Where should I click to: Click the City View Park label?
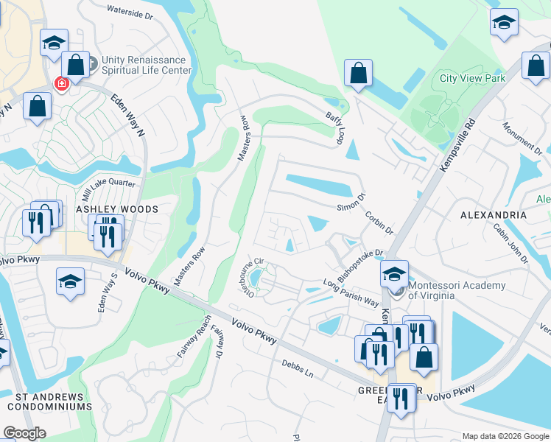coord(472,78)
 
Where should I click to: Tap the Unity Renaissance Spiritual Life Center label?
coord(139,66)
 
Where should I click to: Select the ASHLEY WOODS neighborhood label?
coord(117,210)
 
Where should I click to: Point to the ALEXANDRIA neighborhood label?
coord(493,215)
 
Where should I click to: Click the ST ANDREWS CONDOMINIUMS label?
coord(49,401)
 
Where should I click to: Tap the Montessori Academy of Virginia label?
coord(457,290)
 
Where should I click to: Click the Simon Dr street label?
coord(352,203)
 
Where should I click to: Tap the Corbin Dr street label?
coord(379,223)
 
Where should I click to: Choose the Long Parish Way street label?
coord(351,293)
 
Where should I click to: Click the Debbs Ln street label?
coord(298,368)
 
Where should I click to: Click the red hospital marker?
coord(60,83)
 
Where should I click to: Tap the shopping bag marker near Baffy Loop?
coord(358,74)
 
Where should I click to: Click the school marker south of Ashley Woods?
coord(70,281)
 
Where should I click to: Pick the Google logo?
coord(25,433)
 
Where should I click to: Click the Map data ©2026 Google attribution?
coord(505,436)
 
